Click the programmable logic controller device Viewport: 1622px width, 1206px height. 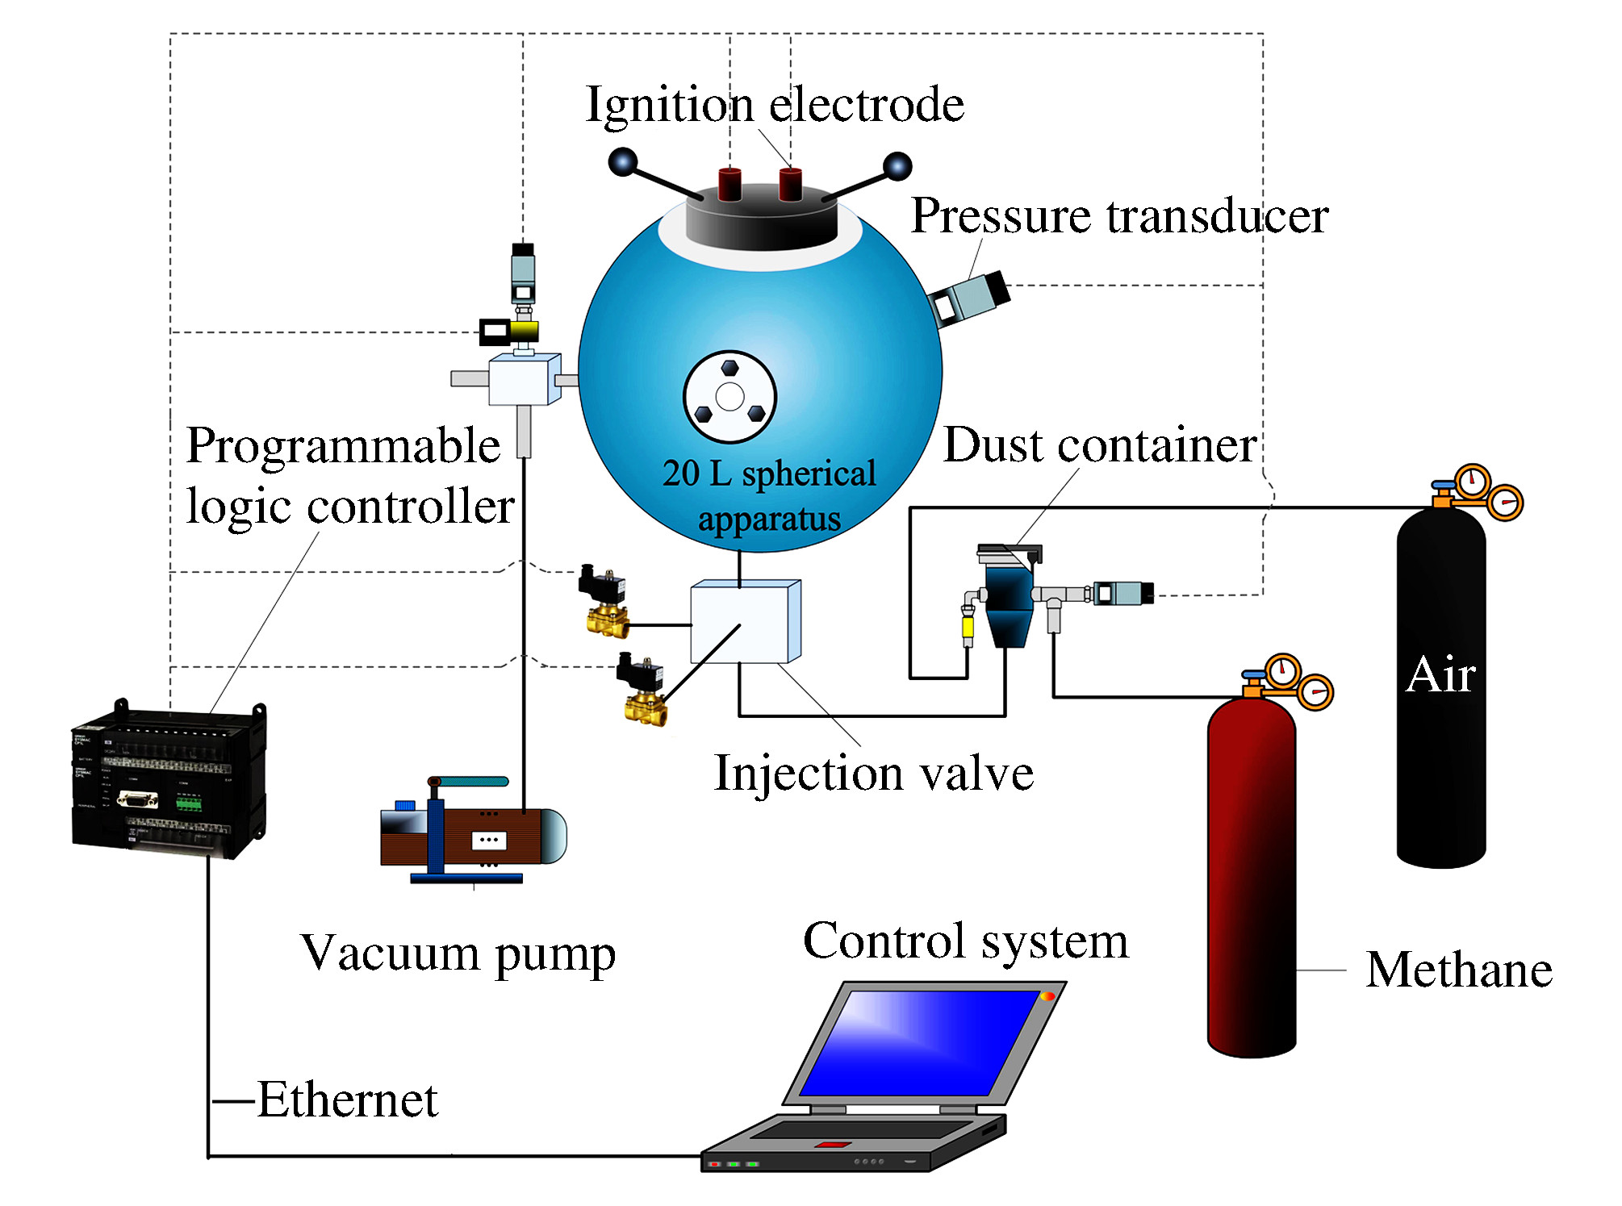169,778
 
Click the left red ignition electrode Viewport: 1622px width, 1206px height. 729,184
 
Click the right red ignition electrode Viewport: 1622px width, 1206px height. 790,184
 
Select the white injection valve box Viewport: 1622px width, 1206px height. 744,622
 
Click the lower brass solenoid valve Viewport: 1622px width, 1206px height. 643,691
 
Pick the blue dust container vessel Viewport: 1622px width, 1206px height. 1008,601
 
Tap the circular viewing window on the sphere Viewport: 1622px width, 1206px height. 729,397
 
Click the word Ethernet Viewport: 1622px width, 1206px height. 347,1100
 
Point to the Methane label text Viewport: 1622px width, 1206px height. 1458,970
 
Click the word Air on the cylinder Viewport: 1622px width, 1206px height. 1440,674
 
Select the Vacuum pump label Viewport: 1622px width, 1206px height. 458,954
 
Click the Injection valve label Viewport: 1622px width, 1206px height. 873,773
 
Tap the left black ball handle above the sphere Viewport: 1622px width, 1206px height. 623,162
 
